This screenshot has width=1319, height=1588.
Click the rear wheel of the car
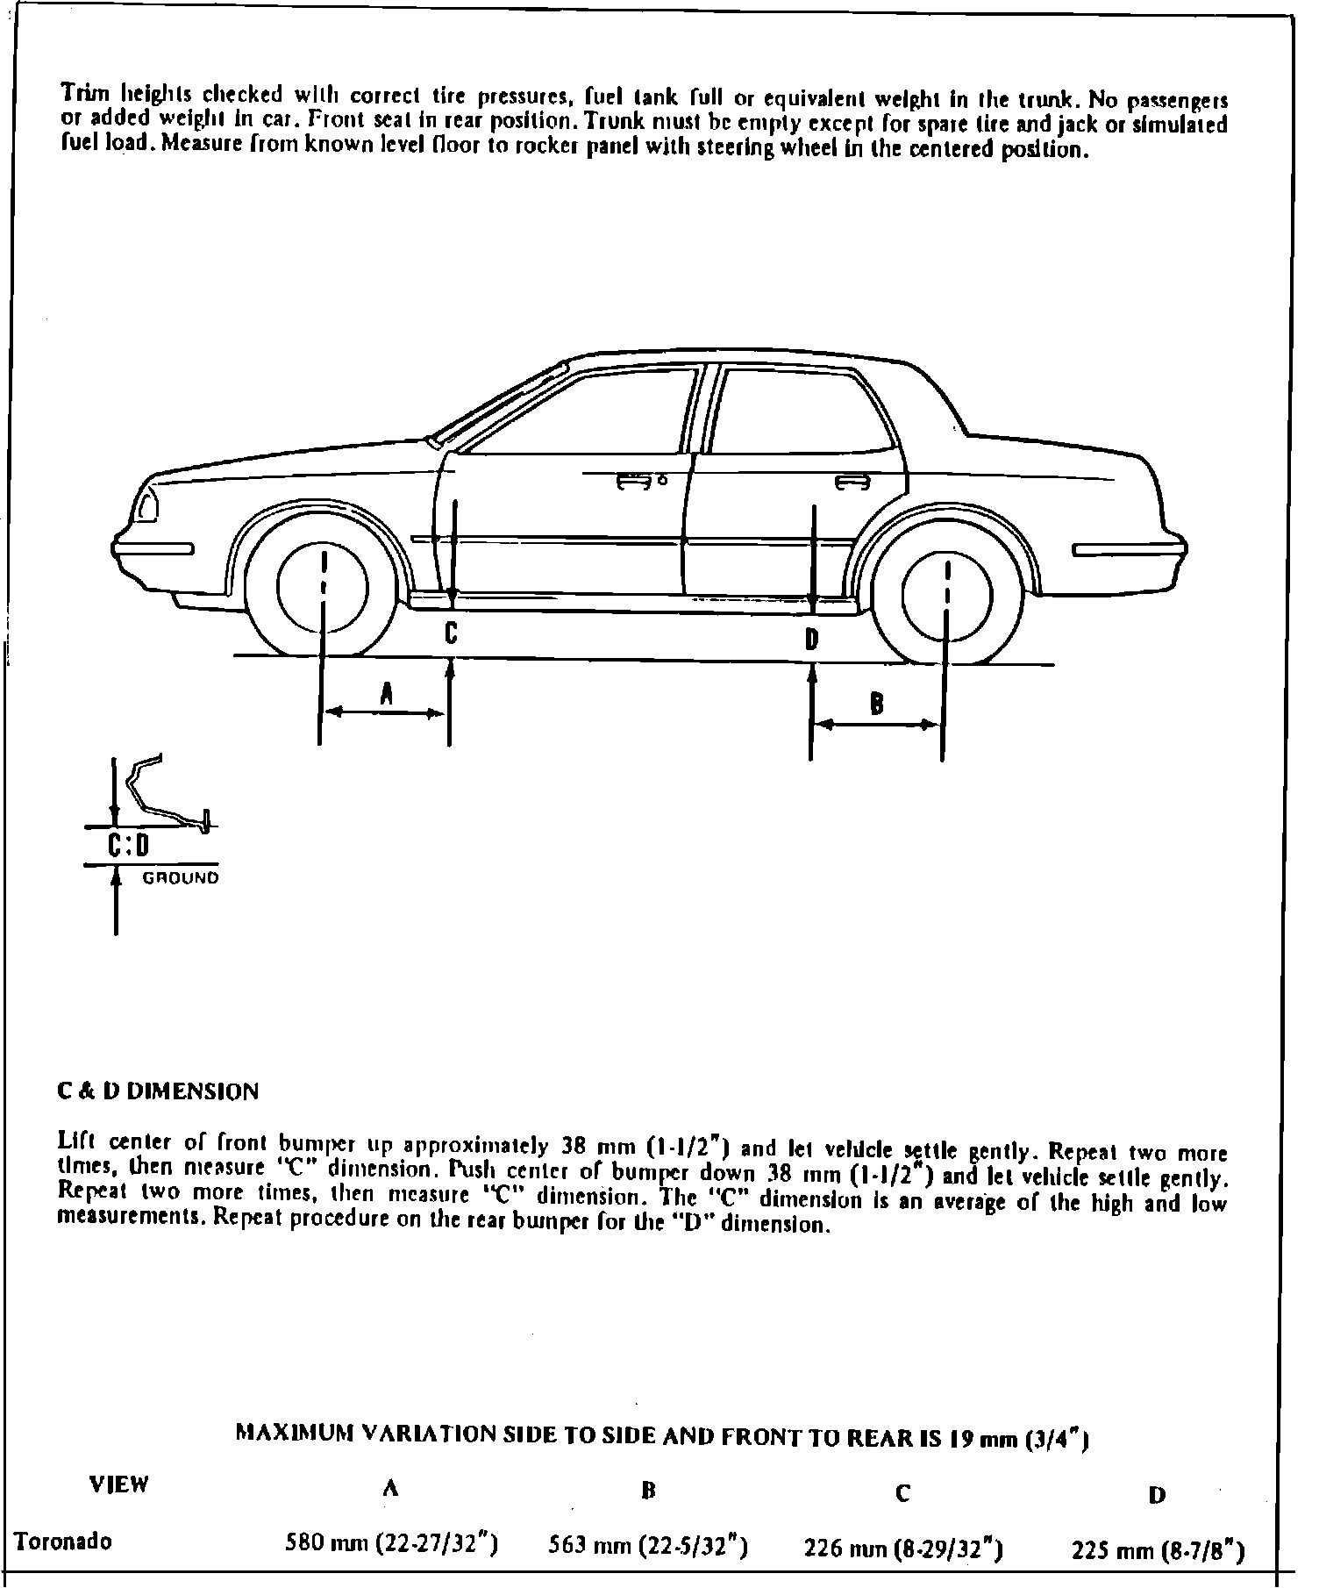click(947, 595)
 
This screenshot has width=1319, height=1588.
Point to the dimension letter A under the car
click(386, 694)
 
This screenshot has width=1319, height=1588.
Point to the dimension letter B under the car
click(875, 704)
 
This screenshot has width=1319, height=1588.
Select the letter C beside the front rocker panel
click(450, 633)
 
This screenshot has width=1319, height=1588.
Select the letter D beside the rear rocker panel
click(812, 640)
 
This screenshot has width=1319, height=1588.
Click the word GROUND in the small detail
click(181, 878)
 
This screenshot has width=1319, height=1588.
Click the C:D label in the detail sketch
click(129, 847)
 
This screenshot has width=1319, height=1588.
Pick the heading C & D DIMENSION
click(159, 1092)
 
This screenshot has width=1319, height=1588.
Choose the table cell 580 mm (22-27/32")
click(392, 1543)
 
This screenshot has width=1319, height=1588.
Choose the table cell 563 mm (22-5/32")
click(647, 1546)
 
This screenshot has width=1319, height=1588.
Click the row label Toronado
click(64, 1542)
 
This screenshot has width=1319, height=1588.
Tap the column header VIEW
click(119, 1484)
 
